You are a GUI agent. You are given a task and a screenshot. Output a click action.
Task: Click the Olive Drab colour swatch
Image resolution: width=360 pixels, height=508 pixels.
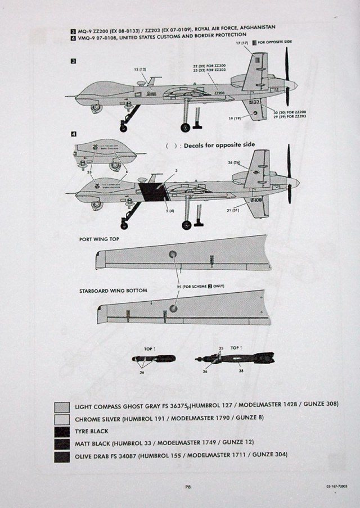62,456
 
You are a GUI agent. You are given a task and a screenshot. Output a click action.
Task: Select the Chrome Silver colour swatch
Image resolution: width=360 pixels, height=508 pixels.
62,419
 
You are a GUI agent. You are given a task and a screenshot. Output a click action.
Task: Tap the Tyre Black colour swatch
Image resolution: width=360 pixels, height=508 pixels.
62,431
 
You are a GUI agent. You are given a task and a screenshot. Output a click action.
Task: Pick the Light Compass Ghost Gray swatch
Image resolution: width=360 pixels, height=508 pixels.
62,406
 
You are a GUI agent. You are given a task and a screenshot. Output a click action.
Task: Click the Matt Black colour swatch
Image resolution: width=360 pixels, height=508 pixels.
62,443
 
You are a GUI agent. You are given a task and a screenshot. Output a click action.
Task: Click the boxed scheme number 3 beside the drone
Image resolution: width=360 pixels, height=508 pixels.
74,61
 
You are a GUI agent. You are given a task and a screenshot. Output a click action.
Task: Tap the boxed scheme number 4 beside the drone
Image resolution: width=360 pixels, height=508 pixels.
74,134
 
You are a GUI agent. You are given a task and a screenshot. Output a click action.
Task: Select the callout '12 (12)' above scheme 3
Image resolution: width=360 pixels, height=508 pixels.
140,69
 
